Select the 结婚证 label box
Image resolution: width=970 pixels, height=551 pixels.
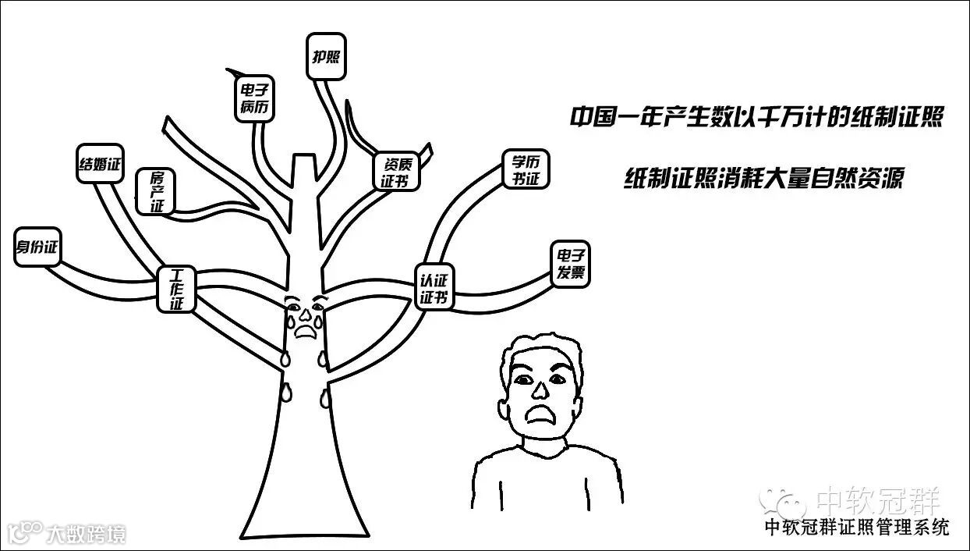tap(101, 164)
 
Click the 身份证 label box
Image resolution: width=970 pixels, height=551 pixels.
tap(37, 247)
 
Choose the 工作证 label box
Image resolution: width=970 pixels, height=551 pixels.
tap(177, 290)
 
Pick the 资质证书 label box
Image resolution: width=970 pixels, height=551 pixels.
tap(396, 172)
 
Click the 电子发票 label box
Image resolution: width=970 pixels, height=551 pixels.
tap(570, 265)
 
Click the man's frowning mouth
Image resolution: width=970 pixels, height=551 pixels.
tap(540, 414)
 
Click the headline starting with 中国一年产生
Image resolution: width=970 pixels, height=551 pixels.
tap(756, 118)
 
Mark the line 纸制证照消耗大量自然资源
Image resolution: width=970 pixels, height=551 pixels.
tap(763, 179)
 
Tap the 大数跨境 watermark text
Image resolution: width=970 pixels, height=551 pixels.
tap(85, 534)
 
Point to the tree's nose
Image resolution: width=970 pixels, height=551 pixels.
tap(305, 317)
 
